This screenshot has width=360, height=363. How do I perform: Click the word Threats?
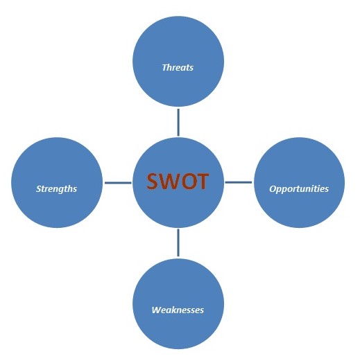[x=178, y=67]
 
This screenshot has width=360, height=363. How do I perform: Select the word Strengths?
[x=56, y=189]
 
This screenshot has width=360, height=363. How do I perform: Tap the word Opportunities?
[x=299, y=189]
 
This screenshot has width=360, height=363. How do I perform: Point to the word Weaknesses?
[x=178, y=310]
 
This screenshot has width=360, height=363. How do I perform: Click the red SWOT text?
[x=178, y=181]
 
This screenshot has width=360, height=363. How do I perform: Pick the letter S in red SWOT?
[x=153, y=181]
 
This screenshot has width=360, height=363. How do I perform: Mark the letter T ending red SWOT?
[x=203, y=181]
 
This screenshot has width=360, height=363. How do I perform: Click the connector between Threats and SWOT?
[x=178, y=123]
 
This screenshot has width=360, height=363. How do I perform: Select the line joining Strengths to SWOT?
[x=118, y=183]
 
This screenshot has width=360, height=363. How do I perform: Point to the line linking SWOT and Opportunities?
[x=239, y=182]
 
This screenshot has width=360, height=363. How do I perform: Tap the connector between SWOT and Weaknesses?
[x=178, y=243]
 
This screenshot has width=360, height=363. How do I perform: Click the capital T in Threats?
[x=165, y=67]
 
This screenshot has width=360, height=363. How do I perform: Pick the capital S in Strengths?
[x=39, y=188]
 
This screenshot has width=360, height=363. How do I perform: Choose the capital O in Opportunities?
[x=273, y=188]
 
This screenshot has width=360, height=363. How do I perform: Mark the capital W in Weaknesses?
[x=157, y=310]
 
